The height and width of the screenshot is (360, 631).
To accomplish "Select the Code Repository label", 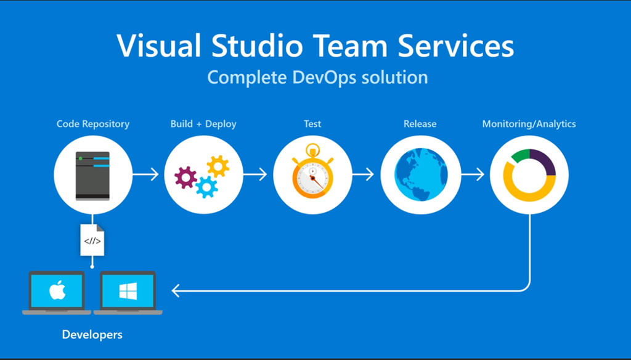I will pos(93,124).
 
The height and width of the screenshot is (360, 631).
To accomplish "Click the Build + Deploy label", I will pos(203,124).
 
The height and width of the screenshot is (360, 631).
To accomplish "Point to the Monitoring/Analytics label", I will pos(529,124).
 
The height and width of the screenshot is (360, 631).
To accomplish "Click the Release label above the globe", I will pos(420,124).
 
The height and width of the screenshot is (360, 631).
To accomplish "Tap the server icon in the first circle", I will pos(92,176).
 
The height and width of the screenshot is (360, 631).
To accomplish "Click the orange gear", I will pos(218,165).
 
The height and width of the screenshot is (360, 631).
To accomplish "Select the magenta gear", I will pos(185,178).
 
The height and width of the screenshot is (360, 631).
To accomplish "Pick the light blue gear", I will pos(206,186).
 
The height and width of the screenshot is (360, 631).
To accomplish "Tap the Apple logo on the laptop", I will pos(57,289).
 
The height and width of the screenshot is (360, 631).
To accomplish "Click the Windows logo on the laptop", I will pos(128,290).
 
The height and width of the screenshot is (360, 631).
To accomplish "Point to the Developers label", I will pos(92,335).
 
